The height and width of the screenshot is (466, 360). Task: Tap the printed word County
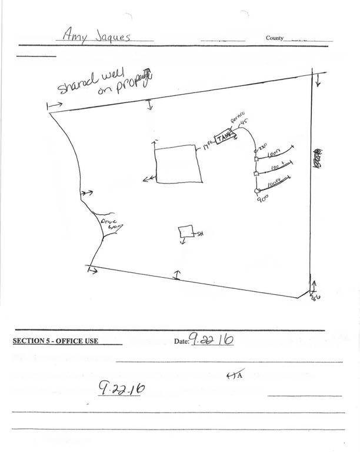[x=275, y=38]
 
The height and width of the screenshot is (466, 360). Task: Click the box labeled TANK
[x=225, y=138]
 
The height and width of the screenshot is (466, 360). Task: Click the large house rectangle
[x=177, y=164]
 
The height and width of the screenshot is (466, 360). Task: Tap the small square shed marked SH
[x=186, y=232]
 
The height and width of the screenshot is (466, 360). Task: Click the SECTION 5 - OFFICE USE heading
[x=55, y=341]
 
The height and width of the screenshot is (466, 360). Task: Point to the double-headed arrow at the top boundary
[x=150, y=105]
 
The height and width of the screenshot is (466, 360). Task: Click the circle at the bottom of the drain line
[x=256, y=191]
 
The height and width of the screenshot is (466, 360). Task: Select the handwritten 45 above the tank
[x=245, y=123]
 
